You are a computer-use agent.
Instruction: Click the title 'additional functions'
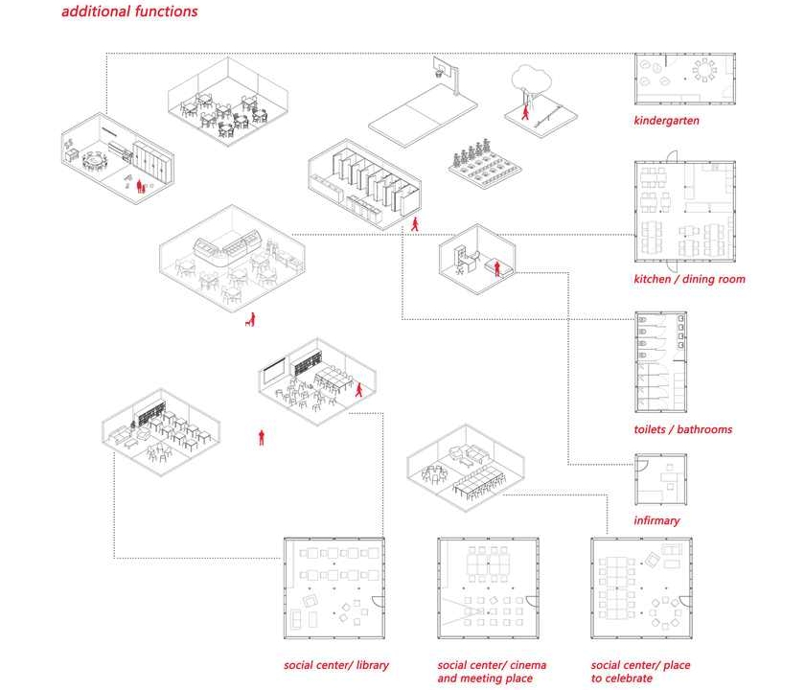point(129,12)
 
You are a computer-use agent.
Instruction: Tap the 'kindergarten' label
point(666,121)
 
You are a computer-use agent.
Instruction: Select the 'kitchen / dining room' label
point(689,280)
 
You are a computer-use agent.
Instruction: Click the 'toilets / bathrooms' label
point(682,429)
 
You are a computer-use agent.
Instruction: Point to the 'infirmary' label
point(656,520)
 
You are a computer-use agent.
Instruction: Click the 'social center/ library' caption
point(335,665)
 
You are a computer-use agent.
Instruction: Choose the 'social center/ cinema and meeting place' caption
point(492,672)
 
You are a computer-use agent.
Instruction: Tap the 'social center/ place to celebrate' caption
point(640,672)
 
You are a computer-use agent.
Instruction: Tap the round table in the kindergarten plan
point(705,69)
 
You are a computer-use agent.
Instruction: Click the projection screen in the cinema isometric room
point(274,366)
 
